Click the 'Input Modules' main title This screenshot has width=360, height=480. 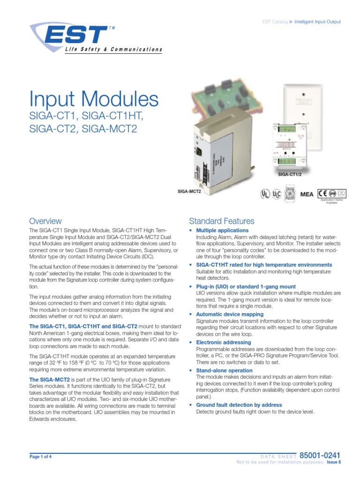click(x=94, y=99)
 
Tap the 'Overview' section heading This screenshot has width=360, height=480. click(x=45, y=221)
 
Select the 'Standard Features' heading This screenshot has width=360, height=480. click(x=221, y=221)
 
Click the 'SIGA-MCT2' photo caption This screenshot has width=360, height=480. click(x=189, y=191)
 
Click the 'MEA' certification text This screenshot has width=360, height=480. click(x=307, y=194)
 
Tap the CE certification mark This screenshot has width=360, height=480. click(x=322, y=193)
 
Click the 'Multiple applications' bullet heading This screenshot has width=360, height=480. click(x=222, y=231)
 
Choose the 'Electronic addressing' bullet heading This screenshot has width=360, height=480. click(x=224, y=342)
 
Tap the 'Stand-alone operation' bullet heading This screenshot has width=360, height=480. click(x=224, y=370)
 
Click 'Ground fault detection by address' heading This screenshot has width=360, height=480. click(x=239, y=405)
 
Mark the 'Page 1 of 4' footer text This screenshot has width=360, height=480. click(x=41, y=457)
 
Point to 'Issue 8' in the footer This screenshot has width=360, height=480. click(x=333, y=462)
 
